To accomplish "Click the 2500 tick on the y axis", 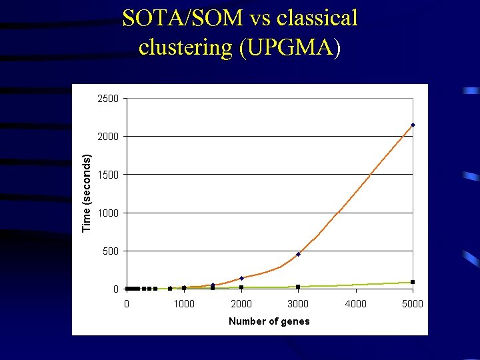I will (x=108, y=99).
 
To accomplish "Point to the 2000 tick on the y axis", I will (x=108, y=137).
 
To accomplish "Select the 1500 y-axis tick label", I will (x=108, y=175).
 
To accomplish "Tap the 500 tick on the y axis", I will (x=111, y=251).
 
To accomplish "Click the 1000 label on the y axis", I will (x=108, y=213).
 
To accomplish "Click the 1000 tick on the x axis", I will (x=184, y=304).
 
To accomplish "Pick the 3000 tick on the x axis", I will (x=298, y=304).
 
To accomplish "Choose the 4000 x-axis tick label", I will (x=355, y=304).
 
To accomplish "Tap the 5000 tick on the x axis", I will (x=413, y=304).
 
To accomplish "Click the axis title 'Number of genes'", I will (x=269, y=321).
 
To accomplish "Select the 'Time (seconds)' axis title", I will (x=87, y=193).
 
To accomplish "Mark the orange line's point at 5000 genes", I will (x=413, y=125).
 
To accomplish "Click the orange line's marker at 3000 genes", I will (x=298, y=254).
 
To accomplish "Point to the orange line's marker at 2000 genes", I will (x=241, y=278).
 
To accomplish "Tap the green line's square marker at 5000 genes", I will (x=413, y=282).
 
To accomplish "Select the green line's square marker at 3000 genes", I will (x=298, y=287).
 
